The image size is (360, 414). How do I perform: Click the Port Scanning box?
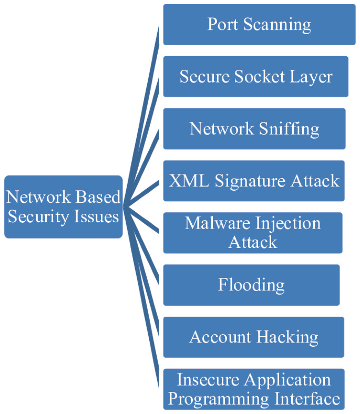pos(259,25)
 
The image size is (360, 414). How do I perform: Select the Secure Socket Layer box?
pos(255,77)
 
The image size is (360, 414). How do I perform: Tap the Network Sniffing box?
pos(254,129)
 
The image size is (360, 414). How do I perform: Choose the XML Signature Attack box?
pos(254,181)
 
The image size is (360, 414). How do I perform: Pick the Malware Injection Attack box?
pos(253,233)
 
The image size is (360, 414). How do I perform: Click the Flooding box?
pos(251,285)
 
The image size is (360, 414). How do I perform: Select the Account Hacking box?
pos(253,337)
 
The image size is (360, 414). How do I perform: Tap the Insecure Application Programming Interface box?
pos(254,389)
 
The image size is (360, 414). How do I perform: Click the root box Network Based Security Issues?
pos(64,206)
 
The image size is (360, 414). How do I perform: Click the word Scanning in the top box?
pos(281,25)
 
